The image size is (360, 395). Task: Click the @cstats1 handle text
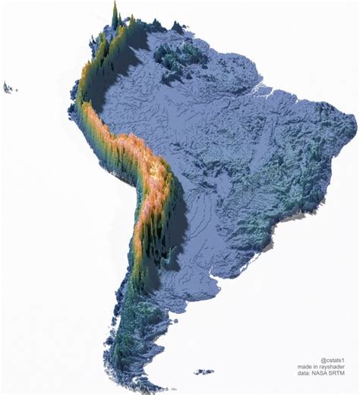click(x=333, y=360)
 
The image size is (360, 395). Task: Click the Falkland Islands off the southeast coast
click(x=203, y=372)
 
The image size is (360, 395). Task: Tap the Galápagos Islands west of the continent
click(x=10, y=88)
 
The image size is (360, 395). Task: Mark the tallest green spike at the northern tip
click(x=115, y=14)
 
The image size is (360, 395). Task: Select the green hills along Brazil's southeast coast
click(x=285, y=209)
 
